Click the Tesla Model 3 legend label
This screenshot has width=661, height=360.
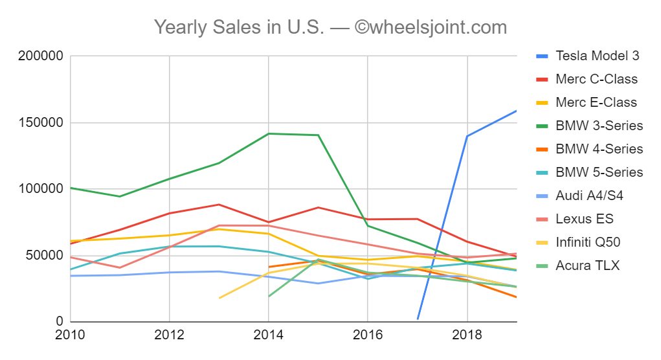pyautogui.click(x=597, y=56)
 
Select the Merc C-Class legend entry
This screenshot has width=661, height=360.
pyautogui.click(x=596, y=79)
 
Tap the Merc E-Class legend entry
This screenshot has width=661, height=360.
pyautogui.click(x=596, y=102)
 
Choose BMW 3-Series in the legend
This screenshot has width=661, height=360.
pyautogui.click(x=599, y=126)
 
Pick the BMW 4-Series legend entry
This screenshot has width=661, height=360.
pyautogui.click(x=599, y=149)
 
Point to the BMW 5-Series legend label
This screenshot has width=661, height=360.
pyautogui.click(x=599, y=172)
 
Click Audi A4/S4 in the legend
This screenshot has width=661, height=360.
pyautogui.click(x=589, y=196)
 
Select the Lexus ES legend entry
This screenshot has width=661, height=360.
pyautogui.click(x=584, y=219)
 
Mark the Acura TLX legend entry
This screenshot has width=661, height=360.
pyautogui.click(x=587, y=265)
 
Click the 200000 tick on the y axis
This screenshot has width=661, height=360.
pyautogui.click(x=41, y=56)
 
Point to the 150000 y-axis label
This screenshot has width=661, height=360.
pyautogui.click(x=41, y=123)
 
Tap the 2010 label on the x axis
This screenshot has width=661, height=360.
pyautogui.click(x=71, y=336)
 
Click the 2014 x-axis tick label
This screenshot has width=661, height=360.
pyautogui.click(x=268, y=336)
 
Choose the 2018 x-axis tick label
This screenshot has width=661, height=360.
pyautogui.click(x=466, y=336)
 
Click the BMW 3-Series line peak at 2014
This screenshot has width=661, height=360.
pyautogui.click(x=268, y=133)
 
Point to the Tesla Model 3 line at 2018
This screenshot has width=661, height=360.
pyautogui.click(x=467, y=136)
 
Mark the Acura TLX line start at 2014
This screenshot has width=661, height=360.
pyautogui.click(x=269, y=297)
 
